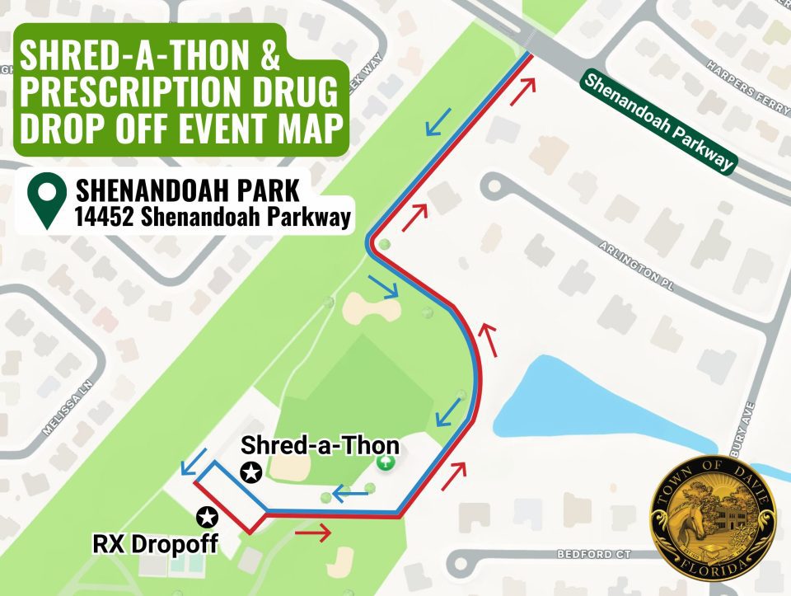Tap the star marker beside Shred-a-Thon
(x=251, y=472)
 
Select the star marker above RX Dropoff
(x=207, y=517)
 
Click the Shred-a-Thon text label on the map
(x=320, y=446)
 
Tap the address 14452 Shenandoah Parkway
(x=210, y=218)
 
